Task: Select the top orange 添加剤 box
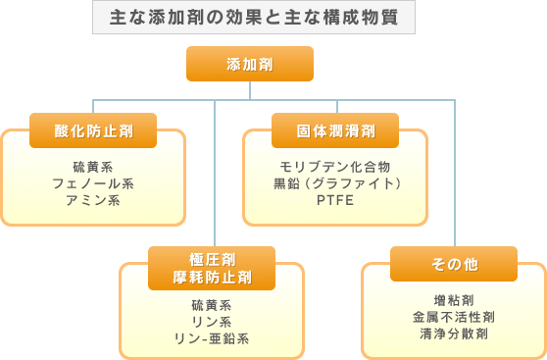[250, 64]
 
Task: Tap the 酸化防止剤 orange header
[94, 129]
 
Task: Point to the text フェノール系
[94, 182]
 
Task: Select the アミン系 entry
[94, 200]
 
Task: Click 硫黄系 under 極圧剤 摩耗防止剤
[212, 304]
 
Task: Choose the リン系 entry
[212, 322]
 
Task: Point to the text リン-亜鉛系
[212, 339]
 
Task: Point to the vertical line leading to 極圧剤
[214, 177]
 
